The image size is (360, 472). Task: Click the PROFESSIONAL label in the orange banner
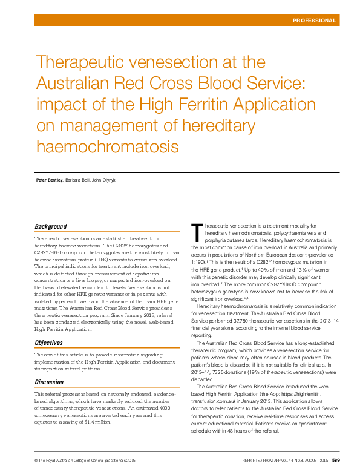click(315, 21)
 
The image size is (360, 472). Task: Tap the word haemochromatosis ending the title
click(108, 146)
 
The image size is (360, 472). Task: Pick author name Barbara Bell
click(77, 180)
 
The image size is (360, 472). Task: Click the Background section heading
click(50, 227)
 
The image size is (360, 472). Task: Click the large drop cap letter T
click(195, 231)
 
